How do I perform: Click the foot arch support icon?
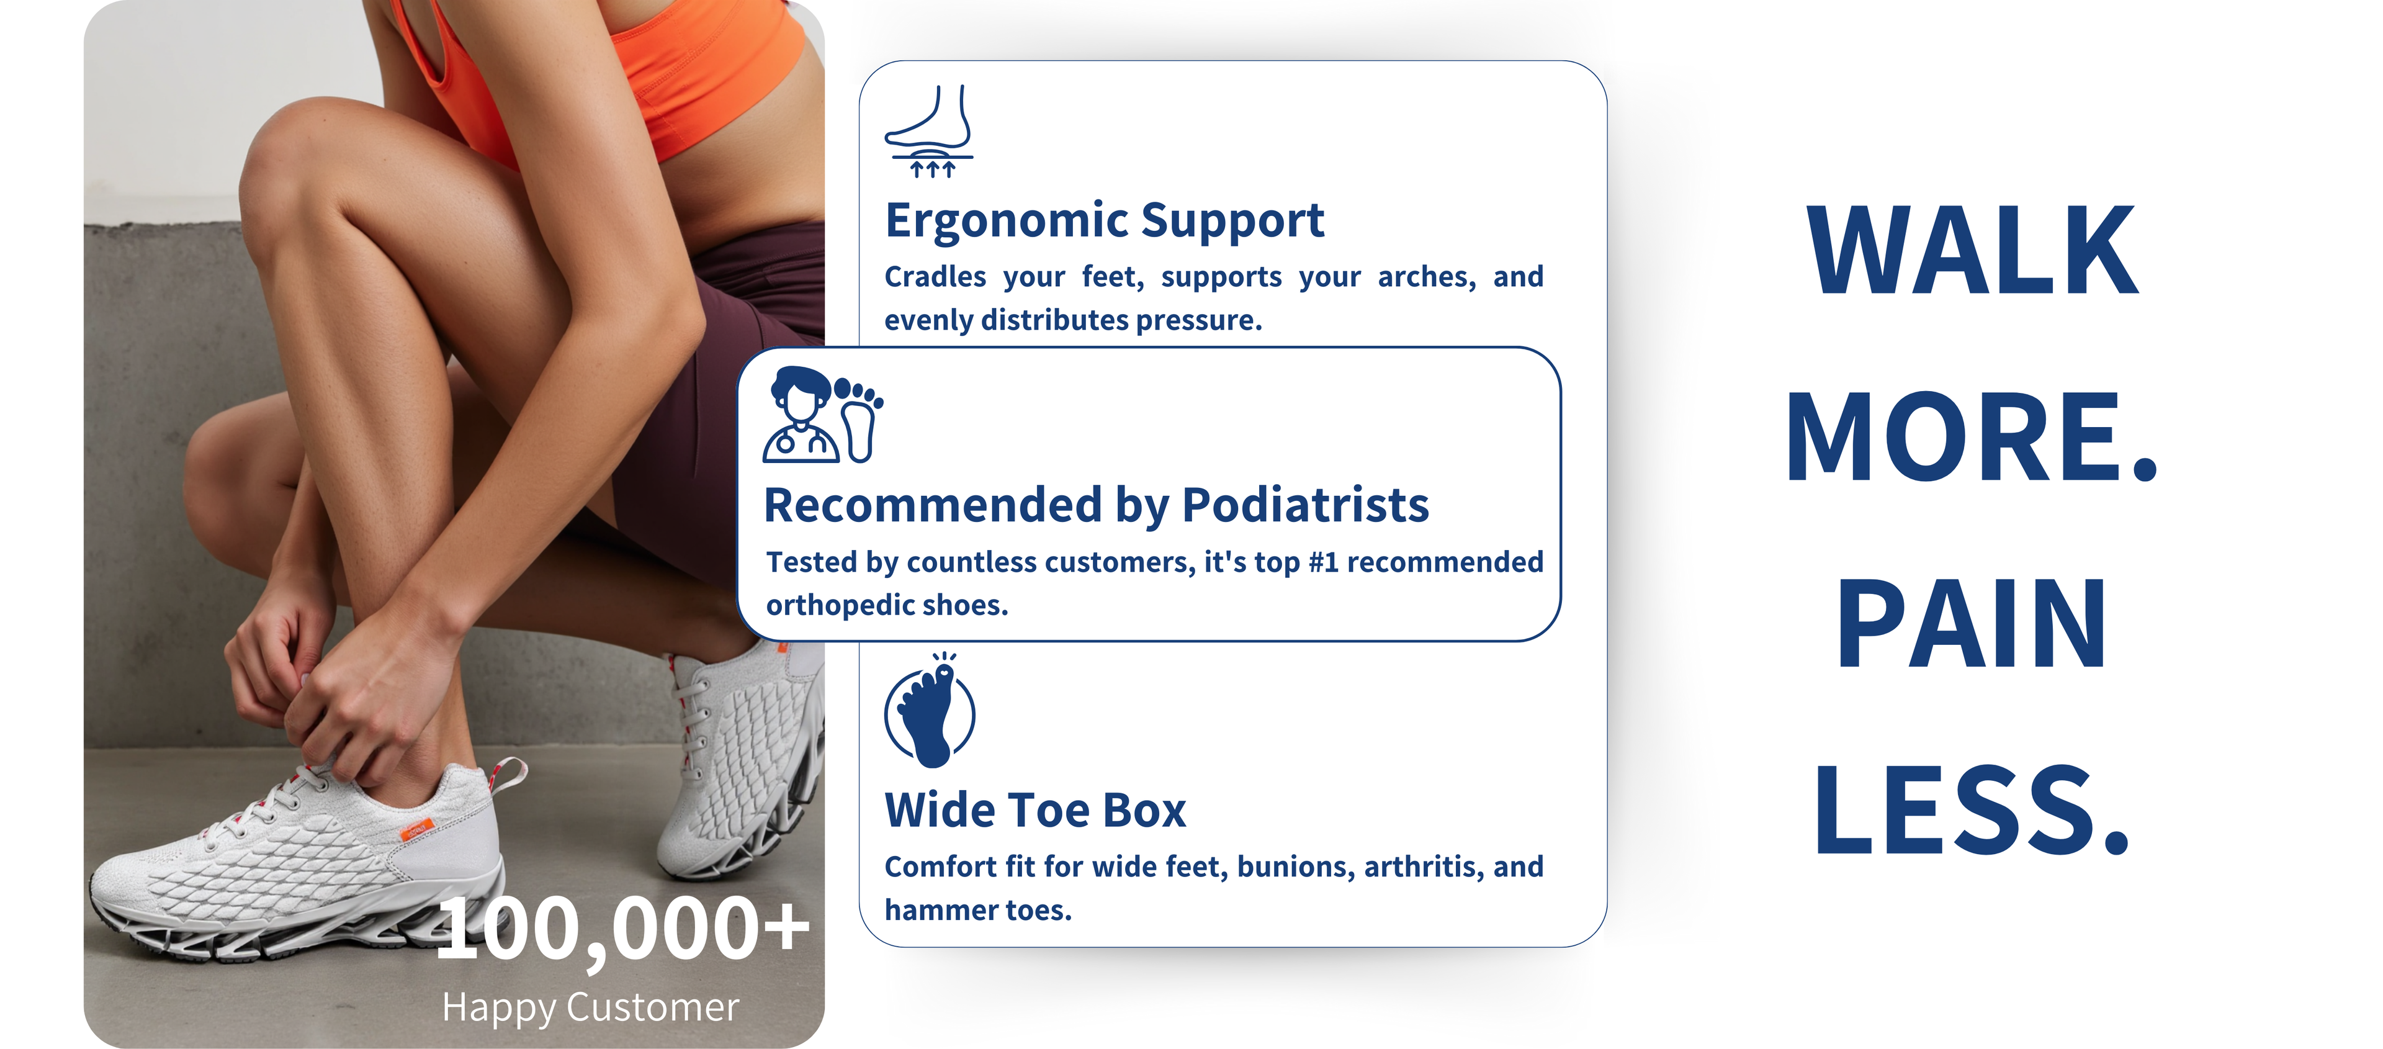pyautogui.click(x=929, y=132)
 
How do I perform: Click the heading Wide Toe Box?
pyautogui.click(x=1035, y=811)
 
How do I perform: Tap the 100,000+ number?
pyautogui.click(x=622, y=929)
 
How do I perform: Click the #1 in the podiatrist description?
pyautogui.click(x=1323, y=562)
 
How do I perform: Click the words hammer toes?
pyautogui.click(x=978, y=910)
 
